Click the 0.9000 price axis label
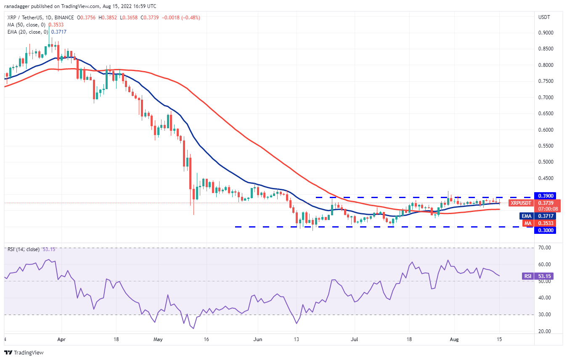click(546, 33)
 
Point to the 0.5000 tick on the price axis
click(546, 162)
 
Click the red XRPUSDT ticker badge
click(520, 203)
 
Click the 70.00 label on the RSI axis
click(544, 248)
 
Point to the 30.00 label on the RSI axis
click(544, 315)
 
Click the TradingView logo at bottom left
click(24, 352)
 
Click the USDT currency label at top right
click(545, 17)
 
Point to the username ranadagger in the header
click(18, 6)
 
